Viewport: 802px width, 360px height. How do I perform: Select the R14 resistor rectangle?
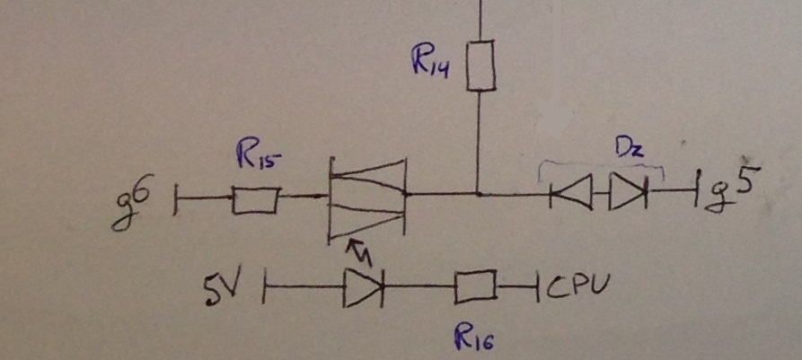[481, 66]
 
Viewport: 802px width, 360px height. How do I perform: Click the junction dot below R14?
[479, 193]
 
